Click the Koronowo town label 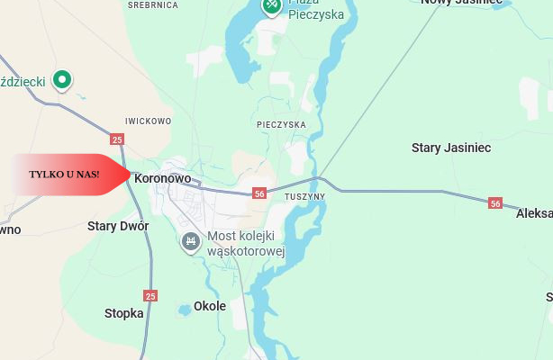pyautogui.click(x=162, y=178)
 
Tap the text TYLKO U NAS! pyautogui.click(x=64, y=173)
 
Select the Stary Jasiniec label pyautogui.click(x=450, y=148)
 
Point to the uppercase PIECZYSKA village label pyautogui.click(x=281, y=124)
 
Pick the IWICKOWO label pyautogui.click(x=148, y=121)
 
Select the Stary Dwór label pyautogui.click(x=118, y=226)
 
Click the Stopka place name pyautogui.click(x=124, y=313)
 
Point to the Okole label pyautogui.click(x=210, y=306)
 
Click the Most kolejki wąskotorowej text pyautogui.click(x=246, y=244)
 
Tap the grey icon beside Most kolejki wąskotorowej pyautogui.click(x=190, y=241)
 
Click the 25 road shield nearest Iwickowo pyautogui.click(x=117, y=139)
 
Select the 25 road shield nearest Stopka pyautogui.click(x=150, y=295)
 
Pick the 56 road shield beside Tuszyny pyautogui.click(x=259, y=193)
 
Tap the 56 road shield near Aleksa pyautogui.click(x=495, y=203)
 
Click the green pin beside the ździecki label pyautogui.click(x=62, y=80)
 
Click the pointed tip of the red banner pyautogui.click(x=131, y=173)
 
